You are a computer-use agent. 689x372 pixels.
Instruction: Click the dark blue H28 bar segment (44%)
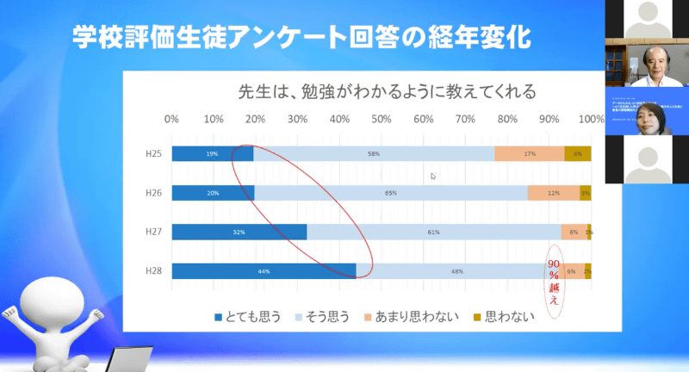click(264, 271)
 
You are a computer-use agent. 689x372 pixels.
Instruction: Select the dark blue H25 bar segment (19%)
click(212, 154)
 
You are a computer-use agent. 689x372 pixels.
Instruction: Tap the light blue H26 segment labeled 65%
click(391, 193)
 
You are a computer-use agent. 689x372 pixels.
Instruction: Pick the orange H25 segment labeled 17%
click(530, 154)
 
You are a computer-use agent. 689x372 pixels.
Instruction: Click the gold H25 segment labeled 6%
click(577, 154)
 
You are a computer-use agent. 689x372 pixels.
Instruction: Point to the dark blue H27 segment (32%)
click(239, 232)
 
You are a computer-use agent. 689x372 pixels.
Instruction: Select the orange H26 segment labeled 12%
click(553, 193)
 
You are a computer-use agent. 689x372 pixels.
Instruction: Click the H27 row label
click(152, 232)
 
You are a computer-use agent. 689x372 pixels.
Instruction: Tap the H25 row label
click(152, 154)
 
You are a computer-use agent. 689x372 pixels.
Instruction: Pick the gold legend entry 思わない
click(504, 316)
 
